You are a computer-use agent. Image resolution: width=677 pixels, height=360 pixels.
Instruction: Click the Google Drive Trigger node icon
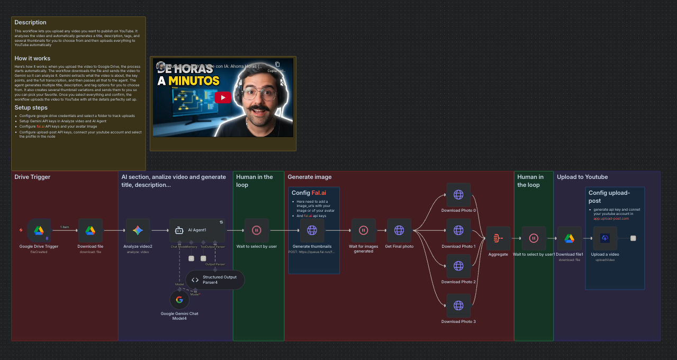pyautogui.click(x=39, y=230)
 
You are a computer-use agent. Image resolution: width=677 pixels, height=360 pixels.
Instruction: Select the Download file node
pyautogui.click(x=90, y=230)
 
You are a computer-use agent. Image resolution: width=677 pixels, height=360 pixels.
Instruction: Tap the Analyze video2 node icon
pyautogui.click(x=138, y=230)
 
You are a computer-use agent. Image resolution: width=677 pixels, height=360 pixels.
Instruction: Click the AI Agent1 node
pyautogui.click(x=197, y=230)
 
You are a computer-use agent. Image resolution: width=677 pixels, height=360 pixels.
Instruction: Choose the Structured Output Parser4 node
pyautogui.click(x=215, y=280)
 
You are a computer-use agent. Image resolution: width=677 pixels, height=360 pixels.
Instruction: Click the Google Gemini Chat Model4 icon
pyautogui.click(x=179, y=300)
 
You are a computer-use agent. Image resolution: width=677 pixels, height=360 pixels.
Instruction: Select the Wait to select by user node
pyautogui.click(x=256, y=230)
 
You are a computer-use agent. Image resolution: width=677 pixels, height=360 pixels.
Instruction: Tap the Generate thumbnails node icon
pyautogui.click(x=312, y=230)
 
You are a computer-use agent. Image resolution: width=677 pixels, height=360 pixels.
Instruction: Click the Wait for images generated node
pyautogui.click(x=364, y=230)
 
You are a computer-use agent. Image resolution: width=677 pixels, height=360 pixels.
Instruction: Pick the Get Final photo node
pyautogui.click(x=399, y=230)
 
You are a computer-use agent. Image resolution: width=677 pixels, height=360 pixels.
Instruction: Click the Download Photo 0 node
pyautogui.click(x=458, y=195)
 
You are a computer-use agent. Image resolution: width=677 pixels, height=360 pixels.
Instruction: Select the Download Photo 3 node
pyautogui.click(x=458, y=305)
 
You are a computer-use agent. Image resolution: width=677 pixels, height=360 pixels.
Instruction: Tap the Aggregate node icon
pyautogui.click(x=498, y=238)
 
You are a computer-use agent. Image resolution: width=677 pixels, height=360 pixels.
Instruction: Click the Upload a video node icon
pyautogui.click(x=605, y=238)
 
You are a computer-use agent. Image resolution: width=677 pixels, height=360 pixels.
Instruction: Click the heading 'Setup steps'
pyautogui.click(x=31, y=107)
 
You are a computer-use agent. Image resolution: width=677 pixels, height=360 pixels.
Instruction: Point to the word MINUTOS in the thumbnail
pyautogui.click(x=188, y=81)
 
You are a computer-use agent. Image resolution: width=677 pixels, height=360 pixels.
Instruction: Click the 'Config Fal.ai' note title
pyautogui.click(x=309, y=193)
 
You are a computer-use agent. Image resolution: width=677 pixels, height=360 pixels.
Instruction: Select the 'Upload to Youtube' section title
pyautogui.click(x=582, y=177)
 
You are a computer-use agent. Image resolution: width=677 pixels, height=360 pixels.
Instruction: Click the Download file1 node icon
pyautogui.click(x=570, y=238)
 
